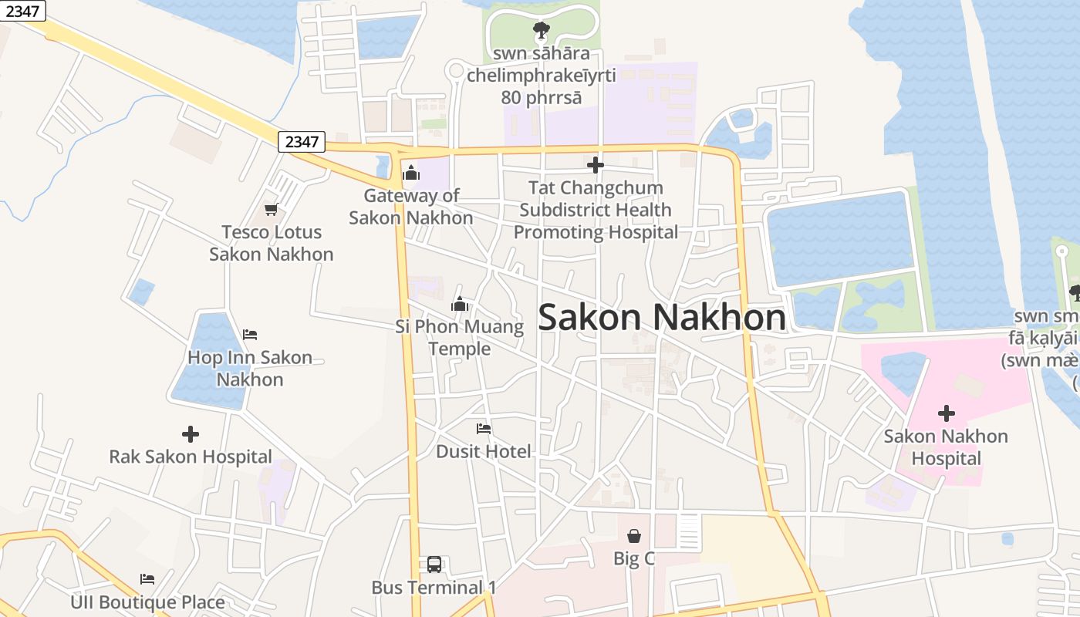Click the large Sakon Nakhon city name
tap(662, 317)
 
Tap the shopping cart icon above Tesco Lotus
tap(271, 208)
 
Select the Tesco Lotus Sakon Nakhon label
tap(272, 243)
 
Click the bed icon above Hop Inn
tap(250, 335)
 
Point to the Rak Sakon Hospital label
tap(191, 457)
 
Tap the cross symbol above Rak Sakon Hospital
tap(191, 434)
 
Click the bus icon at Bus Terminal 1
tap(434, 565)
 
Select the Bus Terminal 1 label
tap(434, 588)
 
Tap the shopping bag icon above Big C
tap(634, 535)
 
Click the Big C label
tap(634, 558)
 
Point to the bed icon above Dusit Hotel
tap(484, 429)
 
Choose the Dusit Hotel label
tap(484, 451)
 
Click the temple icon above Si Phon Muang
tap(460, 304)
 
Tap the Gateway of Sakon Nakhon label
tap(411, 207)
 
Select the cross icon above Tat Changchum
tap(595, 165)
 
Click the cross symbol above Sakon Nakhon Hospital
tap(946, 413)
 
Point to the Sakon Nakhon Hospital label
tap(946, 447)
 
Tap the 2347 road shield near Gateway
tap(302, 142)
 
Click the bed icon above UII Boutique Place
tap(147, 579)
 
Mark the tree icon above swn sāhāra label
tap(541, 31)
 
